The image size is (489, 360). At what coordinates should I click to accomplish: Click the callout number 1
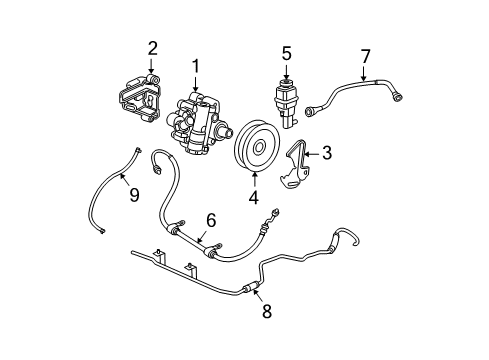tap(196, 67)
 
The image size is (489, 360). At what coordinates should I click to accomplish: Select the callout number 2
tap(152, 47)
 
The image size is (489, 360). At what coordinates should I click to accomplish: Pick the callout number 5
tap(285, 54)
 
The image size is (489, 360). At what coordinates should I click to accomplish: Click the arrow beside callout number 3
tap(309, 154)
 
